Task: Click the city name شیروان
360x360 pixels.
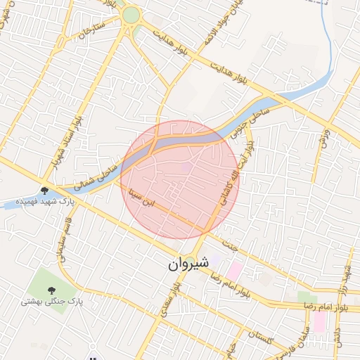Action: pos(189,264)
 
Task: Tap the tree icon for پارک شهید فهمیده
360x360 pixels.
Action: pos(44,190)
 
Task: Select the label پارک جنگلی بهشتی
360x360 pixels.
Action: pos(51,302)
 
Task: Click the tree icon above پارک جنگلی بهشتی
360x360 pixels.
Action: pos(51,289)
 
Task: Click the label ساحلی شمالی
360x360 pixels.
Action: pos(98,172)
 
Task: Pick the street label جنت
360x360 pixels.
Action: pos(229,246)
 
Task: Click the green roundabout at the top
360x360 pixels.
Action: pos(131,15)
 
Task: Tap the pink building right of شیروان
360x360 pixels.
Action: pos(233,269)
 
